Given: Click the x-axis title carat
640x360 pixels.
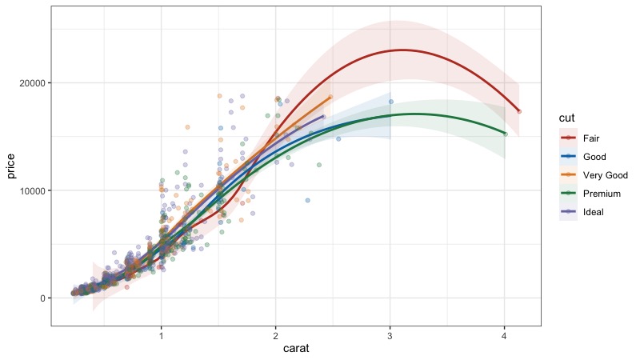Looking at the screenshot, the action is (x=296, y=348).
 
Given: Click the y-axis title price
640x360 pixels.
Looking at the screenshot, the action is (x=10, y=166).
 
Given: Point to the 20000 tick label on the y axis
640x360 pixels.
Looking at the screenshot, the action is (x=32, y=83).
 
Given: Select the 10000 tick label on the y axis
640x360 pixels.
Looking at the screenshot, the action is (x=32, y=190).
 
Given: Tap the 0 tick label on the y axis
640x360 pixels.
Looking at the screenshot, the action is (x=43, y=298).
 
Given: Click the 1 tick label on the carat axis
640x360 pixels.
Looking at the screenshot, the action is (x=162, y=336).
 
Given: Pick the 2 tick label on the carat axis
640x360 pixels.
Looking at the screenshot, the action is (x=275, y=336).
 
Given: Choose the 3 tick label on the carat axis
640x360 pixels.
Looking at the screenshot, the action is (x=390, y=336).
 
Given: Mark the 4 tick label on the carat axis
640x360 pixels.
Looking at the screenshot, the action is (x=505, y=336).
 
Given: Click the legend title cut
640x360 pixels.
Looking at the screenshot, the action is (x=566, y=118).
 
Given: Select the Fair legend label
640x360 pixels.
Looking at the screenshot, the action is (x=591, y=138).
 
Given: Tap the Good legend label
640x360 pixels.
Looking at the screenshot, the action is (x=594, y=157).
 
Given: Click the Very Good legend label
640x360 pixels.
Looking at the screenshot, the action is (x=606, y=175).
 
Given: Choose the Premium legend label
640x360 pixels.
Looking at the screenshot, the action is (x=602, y=194).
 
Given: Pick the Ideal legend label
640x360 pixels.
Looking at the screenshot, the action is (x=593, y=212).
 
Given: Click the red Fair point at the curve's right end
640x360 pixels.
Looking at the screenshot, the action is (x=518, y=111).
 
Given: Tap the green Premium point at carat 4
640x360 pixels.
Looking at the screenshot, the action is (x=506, y=134).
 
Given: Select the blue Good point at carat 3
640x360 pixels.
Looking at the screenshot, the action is (x=391, y=102).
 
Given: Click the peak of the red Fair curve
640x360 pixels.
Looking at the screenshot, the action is (x=402, y=50).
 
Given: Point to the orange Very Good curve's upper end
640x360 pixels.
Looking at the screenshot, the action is (x=330, y=97).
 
